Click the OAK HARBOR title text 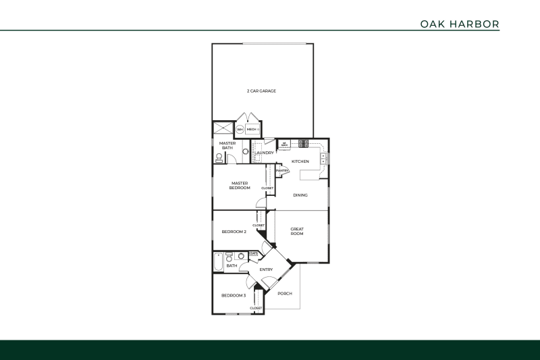point(460,24)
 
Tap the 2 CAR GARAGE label point(261,91)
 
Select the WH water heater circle point(240,130)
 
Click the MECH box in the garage point(252,129)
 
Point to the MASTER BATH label point(227,145)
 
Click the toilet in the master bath point(219,158)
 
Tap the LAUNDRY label point(264,153)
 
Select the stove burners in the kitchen point(303,143)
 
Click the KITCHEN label point(300,161)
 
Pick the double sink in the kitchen point(324,159)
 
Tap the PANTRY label point(283,170)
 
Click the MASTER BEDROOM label point(240,185)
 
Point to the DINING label point(300,195)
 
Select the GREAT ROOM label point(297,231)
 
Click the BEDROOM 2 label point(234,232)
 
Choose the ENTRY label point(266,270)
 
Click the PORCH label point(285,293)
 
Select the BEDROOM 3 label point(234,295)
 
